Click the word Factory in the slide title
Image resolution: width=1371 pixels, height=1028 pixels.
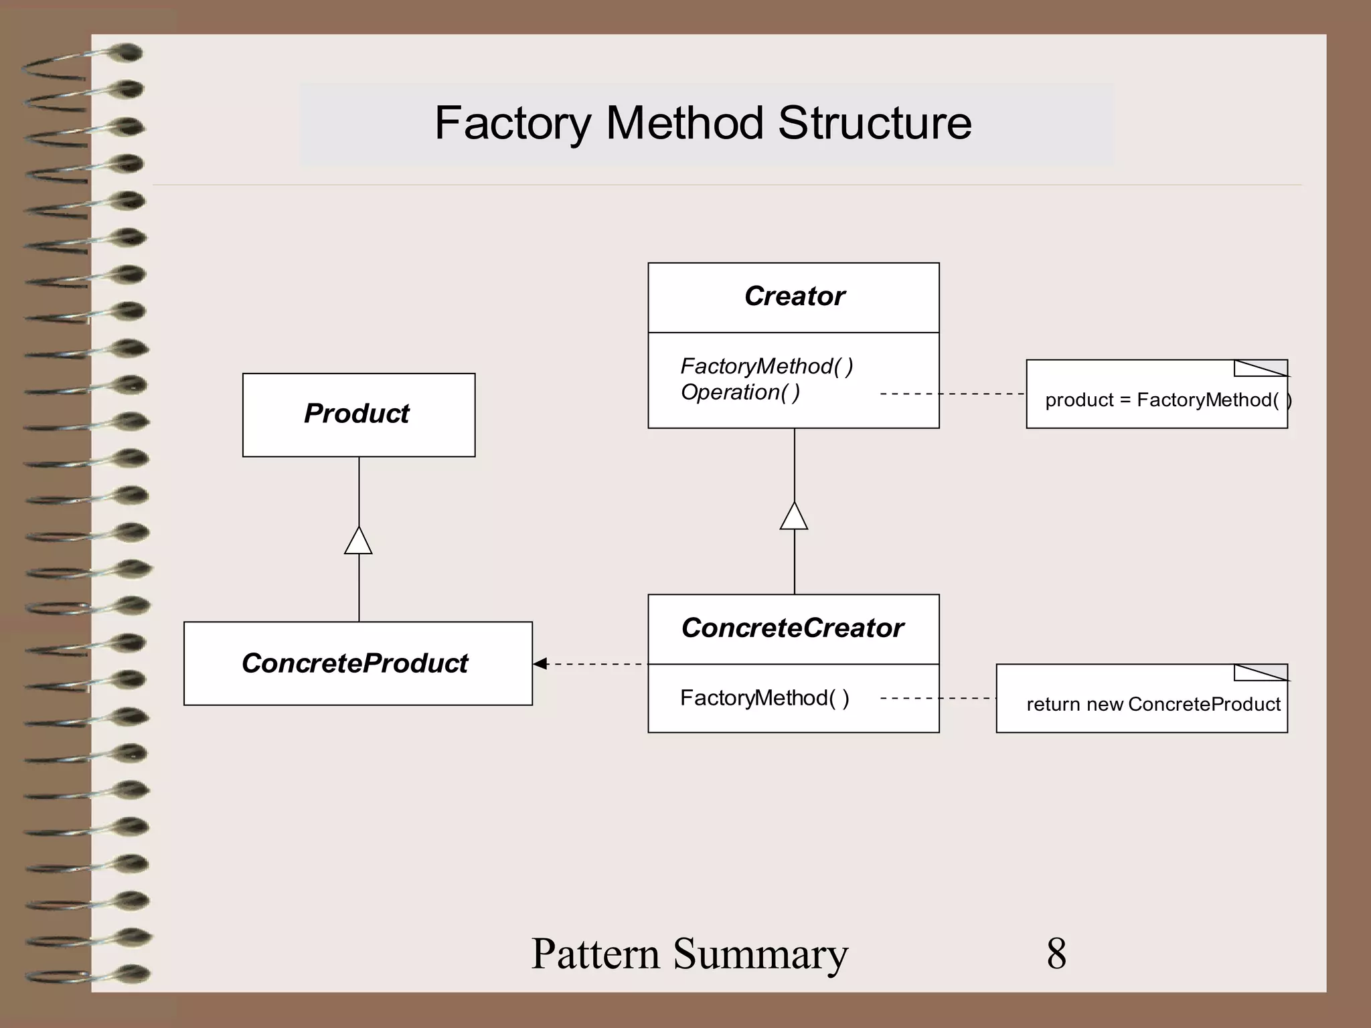[x=513, y=124]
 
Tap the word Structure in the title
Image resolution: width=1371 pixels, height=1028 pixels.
[x=874, y=124]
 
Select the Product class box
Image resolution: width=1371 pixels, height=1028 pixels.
[x=359, y=415]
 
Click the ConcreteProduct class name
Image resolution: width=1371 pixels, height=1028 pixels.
[x=355, y=663]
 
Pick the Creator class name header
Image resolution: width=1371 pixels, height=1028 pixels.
[x=794, y=296]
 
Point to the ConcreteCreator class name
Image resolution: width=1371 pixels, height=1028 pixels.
[x=793, y=628]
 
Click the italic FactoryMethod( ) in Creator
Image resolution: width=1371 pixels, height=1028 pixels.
[x=767, y=366]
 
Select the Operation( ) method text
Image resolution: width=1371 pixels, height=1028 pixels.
[x=740, y=392]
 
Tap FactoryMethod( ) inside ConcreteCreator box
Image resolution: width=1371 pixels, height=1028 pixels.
[x=764, y=698]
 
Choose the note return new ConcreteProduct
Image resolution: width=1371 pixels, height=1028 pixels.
[x=1153, y=704]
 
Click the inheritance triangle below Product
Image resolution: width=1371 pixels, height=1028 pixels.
[x=358, y=541]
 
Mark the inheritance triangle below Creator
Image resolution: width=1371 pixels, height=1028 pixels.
[x=794, y=517]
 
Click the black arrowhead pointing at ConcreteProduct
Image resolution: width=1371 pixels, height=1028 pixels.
[x=540, y=664]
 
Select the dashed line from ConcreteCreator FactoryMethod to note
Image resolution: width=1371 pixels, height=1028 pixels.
[x=937, y=698]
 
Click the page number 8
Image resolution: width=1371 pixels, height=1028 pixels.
[x=1056, y=953]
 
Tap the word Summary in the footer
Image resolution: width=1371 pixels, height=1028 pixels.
[x=760, y=953]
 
